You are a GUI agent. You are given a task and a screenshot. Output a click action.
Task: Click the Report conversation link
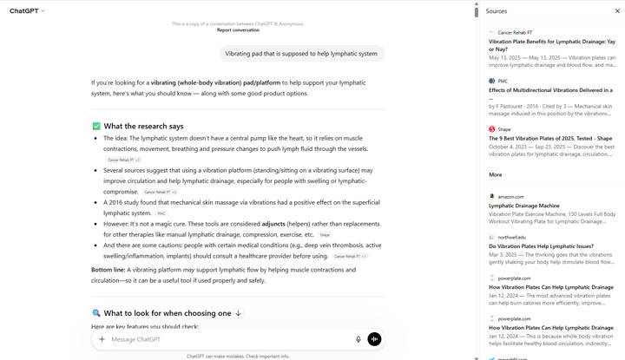click(238, 30)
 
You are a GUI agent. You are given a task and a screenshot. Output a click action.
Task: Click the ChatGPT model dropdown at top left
click(28, 11)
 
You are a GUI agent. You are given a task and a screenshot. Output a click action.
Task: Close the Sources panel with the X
click(617, 11)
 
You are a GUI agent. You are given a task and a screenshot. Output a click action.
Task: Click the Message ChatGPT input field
click(226, 339)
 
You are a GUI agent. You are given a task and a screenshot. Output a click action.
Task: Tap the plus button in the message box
click(102, 339)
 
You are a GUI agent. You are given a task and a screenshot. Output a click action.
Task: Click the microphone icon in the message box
click(359, 339)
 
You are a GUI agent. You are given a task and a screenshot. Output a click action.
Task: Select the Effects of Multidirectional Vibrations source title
click(550, 90)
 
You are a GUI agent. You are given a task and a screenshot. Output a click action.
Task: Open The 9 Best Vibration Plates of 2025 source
click(550, 138)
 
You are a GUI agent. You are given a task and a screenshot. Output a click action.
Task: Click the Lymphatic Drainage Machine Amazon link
click(523, 206)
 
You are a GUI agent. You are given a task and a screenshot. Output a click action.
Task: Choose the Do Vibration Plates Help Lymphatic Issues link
click(541, 246)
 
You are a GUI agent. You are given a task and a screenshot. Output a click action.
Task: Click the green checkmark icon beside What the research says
click(96, 126)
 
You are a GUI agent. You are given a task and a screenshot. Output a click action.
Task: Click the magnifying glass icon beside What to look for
click(96, 313)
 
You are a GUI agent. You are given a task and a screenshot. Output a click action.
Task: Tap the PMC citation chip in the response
click(161, 213)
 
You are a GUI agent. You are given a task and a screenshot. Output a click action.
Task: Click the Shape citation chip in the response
click(325, 235)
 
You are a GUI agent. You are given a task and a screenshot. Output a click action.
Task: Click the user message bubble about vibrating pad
click(301, 54)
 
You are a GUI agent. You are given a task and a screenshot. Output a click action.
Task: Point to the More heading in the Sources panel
click(495, 174)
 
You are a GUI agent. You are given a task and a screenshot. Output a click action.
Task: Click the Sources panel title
click(497, 11)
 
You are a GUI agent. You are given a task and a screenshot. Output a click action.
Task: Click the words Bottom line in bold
click(109, 270)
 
